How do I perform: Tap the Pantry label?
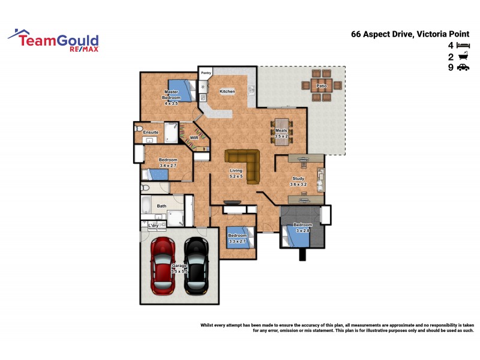206,73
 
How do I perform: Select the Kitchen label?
227,91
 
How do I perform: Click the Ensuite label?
151,132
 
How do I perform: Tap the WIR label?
194,137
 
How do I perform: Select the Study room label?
298,178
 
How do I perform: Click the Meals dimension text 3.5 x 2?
281,136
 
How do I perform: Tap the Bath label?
161,206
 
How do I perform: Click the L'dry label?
153,225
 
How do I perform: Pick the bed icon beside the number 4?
462,46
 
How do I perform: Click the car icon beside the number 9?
462,68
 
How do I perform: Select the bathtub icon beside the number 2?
462,57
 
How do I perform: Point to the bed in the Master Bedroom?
180,90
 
